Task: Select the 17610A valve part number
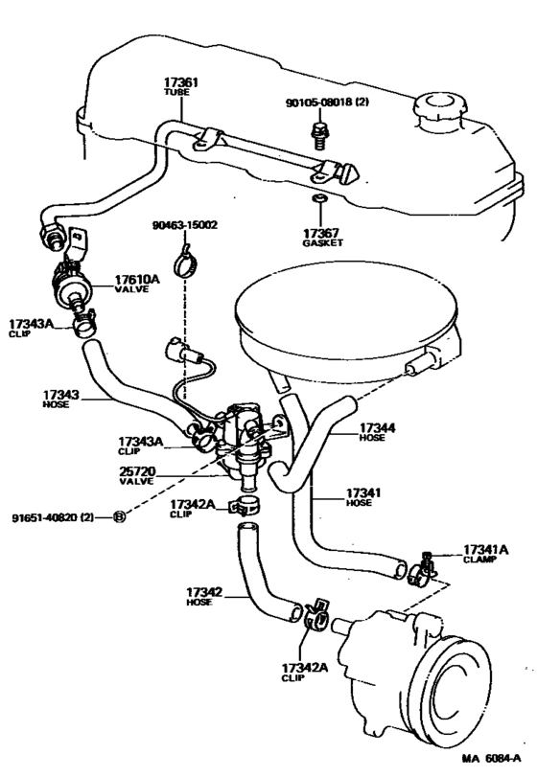click(x=134, y=280)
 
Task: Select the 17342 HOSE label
click(x=205, y=597)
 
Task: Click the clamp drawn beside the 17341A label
click(x=418, y=571)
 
